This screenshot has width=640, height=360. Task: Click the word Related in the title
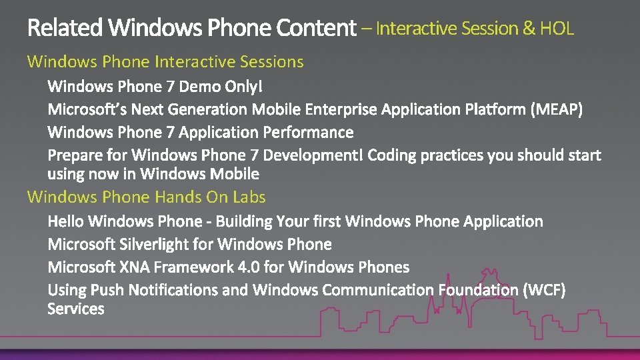coord(65,28)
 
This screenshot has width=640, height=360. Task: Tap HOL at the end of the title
coord(557,29)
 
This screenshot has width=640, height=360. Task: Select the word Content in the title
coord(316,28)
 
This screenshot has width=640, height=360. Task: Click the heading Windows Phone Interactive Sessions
coord(165,62)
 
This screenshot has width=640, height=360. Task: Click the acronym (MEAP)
coord(557,109)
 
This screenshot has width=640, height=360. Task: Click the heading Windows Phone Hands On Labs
coord(146,197)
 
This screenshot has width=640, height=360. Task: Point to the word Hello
coord(66,221)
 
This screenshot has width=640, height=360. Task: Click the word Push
coord(107,291)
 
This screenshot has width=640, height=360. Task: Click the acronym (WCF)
coord(545,291)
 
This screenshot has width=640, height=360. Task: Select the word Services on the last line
coord(76,309)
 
